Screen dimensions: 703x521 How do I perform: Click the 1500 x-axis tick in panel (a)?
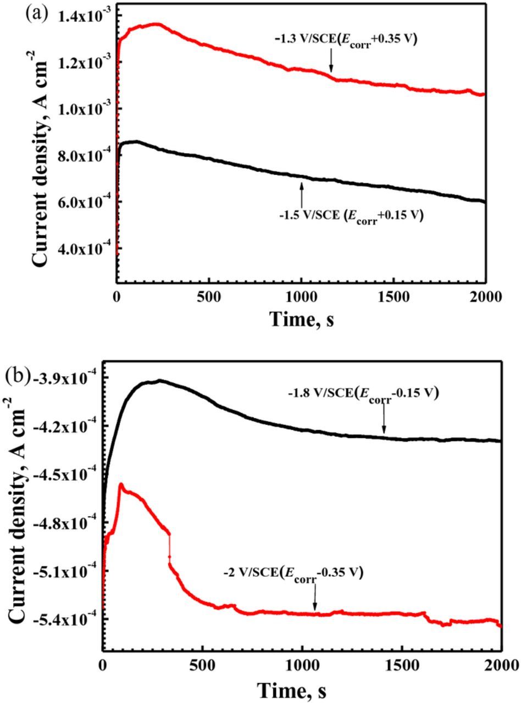[393, 297]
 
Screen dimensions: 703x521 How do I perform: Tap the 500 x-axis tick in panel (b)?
[202, 664]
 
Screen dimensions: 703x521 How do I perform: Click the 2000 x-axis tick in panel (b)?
[499, 664]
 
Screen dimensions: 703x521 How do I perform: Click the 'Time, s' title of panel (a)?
[302, 319]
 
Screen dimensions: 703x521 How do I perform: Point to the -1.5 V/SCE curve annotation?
[351, 215]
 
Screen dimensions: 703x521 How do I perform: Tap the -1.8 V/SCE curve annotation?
[363, 394]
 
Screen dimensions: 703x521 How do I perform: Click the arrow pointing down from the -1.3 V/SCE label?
[331, 60]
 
